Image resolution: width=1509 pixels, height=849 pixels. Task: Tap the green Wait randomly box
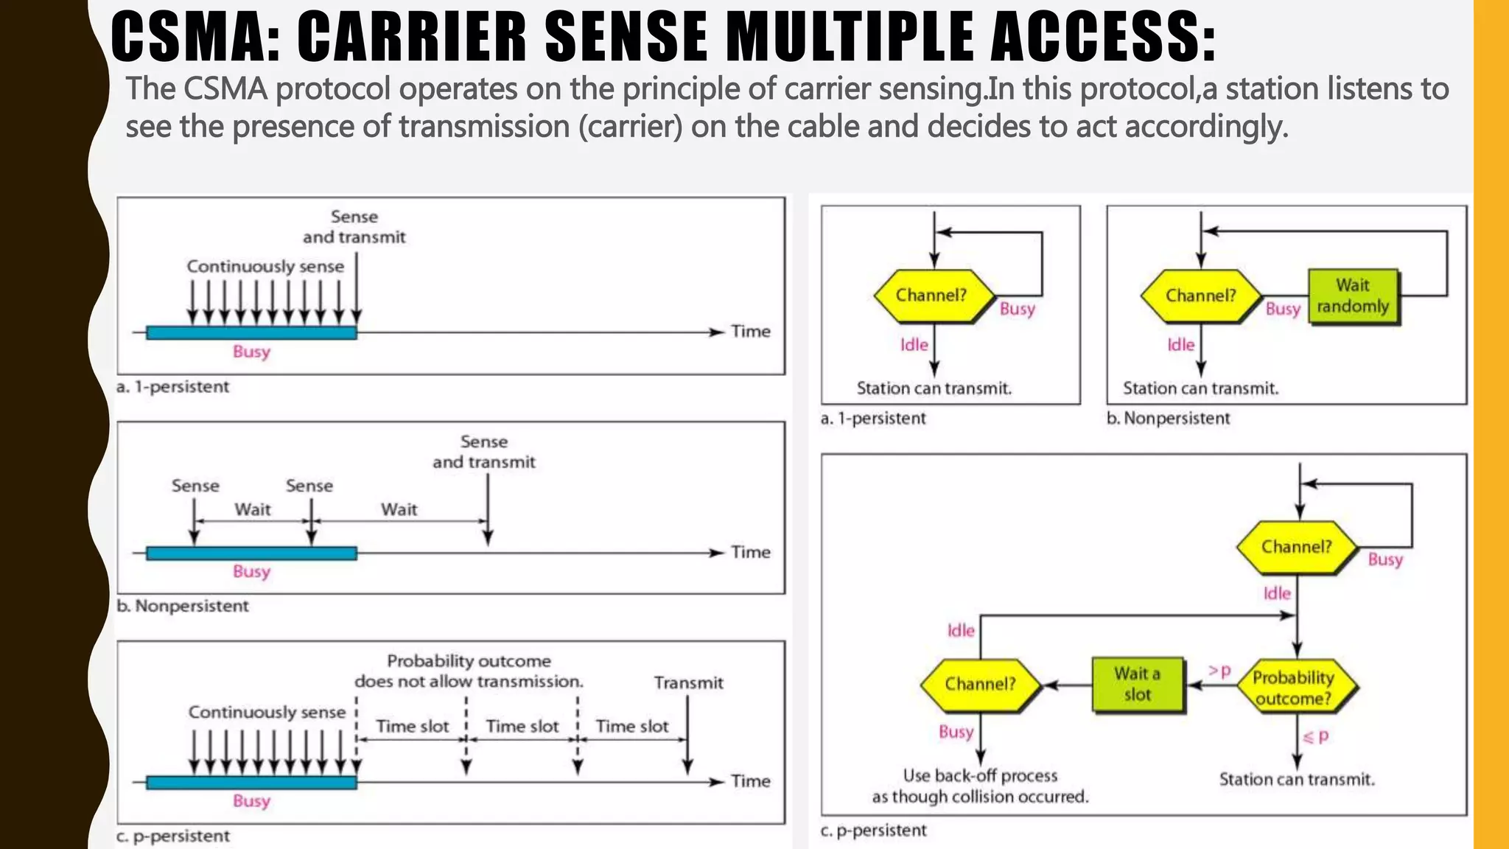pyautogui.click(x=1353, y=296)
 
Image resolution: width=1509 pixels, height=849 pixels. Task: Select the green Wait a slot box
pyautogui.click(x=1137, y=685)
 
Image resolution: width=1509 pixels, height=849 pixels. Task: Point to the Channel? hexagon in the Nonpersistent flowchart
pyautogui.click(x=1200, y=296)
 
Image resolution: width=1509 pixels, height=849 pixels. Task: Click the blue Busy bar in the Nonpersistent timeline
pyautogui.click(x=251, y=553)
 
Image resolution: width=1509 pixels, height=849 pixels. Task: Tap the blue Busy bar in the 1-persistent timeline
pyautogui.click(x=251, y=332)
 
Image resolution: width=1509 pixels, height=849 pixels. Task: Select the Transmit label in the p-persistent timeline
pyautogui.click(x=688, y=683)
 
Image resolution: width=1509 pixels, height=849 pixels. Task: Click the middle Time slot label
pyautogui.click(x=522, y=727)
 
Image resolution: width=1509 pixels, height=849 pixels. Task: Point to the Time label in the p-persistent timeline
pyautogui.click(x=750, y=781)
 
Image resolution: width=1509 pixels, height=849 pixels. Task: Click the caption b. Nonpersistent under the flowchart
pyautogui.click(x=1168, y=419)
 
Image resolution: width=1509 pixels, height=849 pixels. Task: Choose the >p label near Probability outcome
pyautogui.click(x=1219, y=671)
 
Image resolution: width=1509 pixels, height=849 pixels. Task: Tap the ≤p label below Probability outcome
pyautogui.click(x=1316, y=736)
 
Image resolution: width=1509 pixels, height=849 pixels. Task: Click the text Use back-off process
pyautogui.click(x=980, y=776)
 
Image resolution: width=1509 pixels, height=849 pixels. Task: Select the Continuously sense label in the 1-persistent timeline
pyautogui.click(x=265, y=266)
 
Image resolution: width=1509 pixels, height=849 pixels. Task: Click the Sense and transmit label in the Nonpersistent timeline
pyautogui.click(x=484, y=452)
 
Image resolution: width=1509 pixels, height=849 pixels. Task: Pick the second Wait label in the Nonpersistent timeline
pyautogui.click(x=399, y=509)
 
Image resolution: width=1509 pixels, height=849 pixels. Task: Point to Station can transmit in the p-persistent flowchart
pyautogui.click(x=1297, y=780)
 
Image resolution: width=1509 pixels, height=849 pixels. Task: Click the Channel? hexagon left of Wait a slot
pyautogui.click(x=980, y=685)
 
